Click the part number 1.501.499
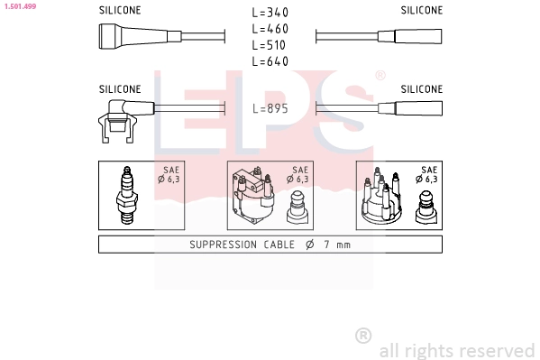tap(21, 6)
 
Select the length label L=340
tap(270, 13)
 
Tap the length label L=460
tap(270, 29)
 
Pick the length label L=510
tap(269, 45)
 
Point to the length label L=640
tap(270, 61)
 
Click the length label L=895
tap(270, 108)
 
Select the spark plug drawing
tap(127, 195)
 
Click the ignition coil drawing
tap(253, 196)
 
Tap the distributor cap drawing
tap(381, 196)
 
